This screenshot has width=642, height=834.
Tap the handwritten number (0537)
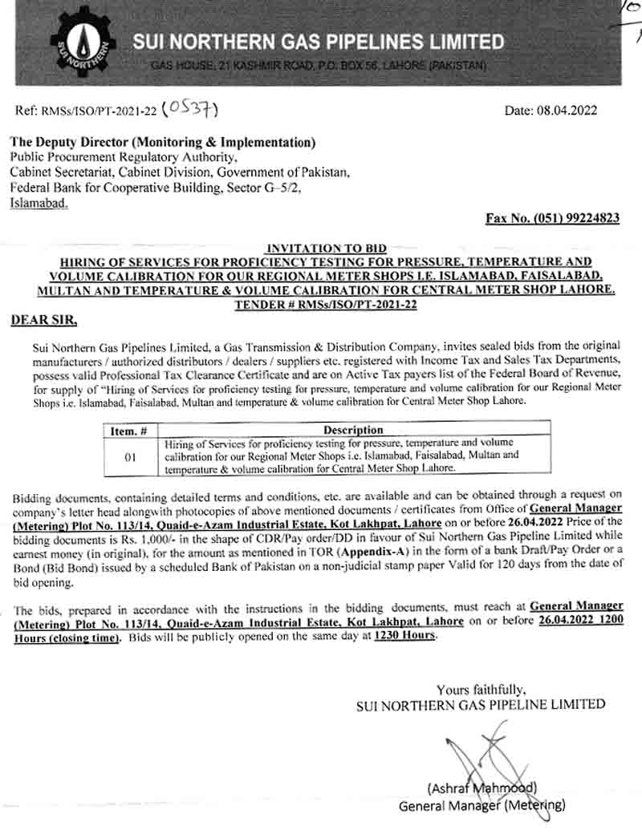click(190, 109)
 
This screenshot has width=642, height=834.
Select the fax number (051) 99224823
click(553, 218)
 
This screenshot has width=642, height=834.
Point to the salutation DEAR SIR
click(43, 320)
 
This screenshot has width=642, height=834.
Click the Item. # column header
click(128, 430)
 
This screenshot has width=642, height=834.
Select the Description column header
click(352, 430)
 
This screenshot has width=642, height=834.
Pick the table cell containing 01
click(129, 455)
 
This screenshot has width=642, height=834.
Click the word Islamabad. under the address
click(39, 204)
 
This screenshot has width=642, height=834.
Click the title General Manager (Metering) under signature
click(481, 805)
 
